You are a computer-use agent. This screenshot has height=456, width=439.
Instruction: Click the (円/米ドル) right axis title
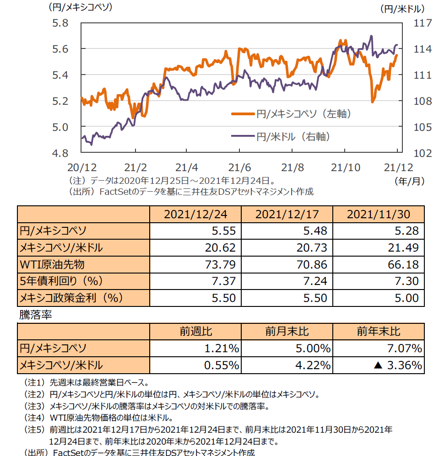pos(402,8)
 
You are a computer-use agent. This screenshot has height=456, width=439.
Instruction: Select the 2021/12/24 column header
pos(195,214)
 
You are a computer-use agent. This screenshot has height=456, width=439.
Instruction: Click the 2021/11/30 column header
pos(379,214)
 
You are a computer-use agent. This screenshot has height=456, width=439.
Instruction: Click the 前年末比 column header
pos(379,332)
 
